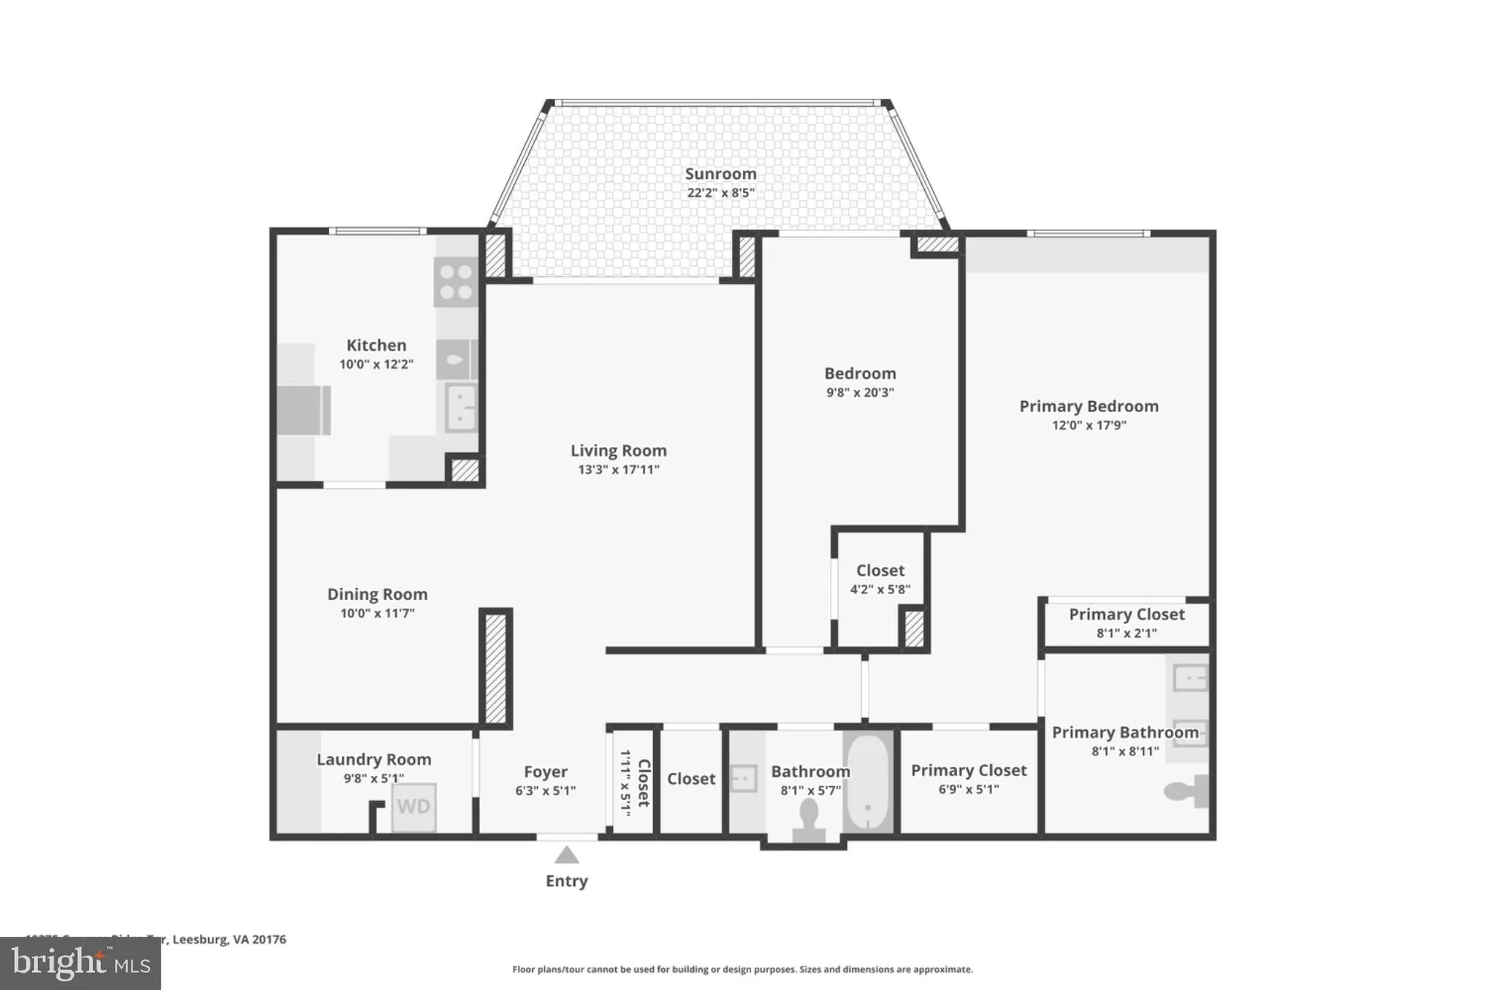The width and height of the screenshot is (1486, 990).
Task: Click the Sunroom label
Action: pos(720,174)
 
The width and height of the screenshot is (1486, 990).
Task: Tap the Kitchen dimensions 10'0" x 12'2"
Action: pos(376,365)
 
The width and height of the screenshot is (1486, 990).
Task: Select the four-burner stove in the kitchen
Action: pos(455,282)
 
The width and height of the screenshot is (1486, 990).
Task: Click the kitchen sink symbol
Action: pos(461,407)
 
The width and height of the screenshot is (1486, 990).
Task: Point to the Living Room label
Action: pos(618,451)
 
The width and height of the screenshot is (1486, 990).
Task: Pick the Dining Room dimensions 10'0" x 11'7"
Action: pos(377,613)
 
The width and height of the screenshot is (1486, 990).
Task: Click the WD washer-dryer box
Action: pos(413,807)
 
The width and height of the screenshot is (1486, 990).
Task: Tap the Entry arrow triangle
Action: pos(566,856)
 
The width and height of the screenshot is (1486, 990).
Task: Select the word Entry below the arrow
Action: pos(566,881)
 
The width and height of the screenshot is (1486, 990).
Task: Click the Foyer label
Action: pos(545,772)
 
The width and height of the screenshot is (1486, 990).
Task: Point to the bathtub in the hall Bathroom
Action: pos(867,783)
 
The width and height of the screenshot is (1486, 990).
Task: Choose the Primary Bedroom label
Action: pos(1088,406)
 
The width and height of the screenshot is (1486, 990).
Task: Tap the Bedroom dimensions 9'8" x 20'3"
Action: pos(860,393)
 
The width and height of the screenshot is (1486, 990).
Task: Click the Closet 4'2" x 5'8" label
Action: pos(880,571)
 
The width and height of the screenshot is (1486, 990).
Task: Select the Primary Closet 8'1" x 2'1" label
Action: pos(1126,615)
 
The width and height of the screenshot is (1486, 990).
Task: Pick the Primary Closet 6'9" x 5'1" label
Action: pos(968,771)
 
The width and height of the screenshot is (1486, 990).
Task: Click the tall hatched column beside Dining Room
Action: pos(496,668)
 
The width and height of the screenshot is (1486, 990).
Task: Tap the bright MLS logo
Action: pos(80,963)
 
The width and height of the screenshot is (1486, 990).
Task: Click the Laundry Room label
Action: pos(374,760)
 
